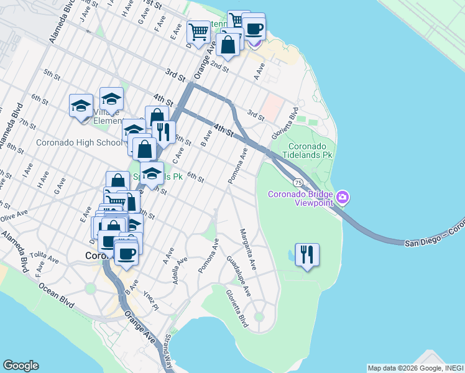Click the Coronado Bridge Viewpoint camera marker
point(343,198)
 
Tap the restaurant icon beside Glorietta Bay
point(307,255)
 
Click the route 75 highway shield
point(299,182)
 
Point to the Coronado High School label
point(79,142)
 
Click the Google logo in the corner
point(21,366)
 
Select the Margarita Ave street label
point(247,249)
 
